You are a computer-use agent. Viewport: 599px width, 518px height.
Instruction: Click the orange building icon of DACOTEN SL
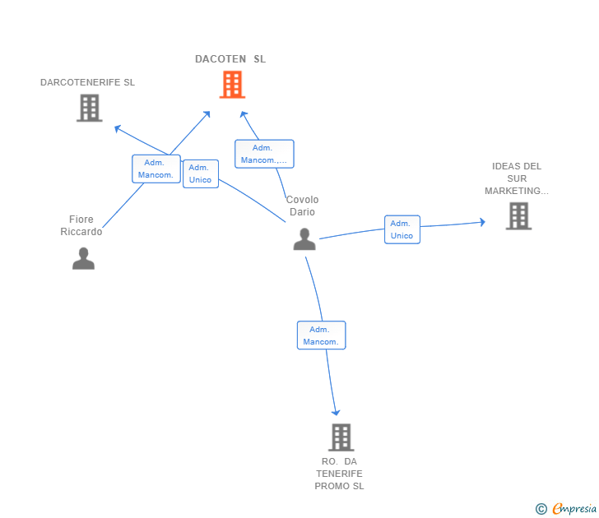[x=232, y=84]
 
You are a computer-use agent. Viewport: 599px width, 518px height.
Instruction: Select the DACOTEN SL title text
[x=230, y=59]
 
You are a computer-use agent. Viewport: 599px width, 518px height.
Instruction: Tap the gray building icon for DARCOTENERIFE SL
[x=89, y=108]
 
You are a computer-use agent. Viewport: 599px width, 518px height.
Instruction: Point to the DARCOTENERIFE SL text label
[x=87, y=82]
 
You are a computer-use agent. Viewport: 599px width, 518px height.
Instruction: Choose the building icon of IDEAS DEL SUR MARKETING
[x=518, y=215]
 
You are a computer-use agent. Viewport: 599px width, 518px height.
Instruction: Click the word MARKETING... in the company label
[x=516, y=191]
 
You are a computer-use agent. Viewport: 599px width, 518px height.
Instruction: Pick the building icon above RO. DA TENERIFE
[x=341, y=437]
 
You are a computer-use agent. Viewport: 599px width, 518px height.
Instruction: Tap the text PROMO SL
[x=339, y=486]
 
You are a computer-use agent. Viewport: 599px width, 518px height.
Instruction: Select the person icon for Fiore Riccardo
[x=83, y=258]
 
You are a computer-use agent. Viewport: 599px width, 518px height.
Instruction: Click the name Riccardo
[x=81, y=232]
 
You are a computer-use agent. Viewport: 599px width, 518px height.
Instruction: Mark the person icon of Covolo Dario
[x=304, y=239]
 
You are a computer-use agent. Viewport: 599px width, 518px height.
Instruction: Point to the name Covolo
[x=302, y=200]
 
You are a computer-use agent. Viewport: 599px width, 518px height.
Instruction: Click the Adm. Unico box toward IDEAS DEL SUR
[x=402, y=229]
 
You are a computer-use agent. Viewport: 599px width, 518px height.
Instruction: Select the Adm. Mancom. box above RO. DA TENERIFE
[x=321, y=335]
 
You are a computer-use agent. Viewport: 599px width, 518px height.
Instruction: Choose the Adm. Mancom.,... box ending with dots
[x=263, y=154]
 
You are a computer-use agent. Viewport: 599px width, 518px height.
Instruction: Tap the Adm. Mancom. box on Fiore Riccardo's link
[x=156, y=169]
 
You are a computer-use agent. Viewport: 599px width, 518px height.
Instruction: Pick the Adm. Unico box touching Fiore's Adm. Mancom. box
[x=200, y=173]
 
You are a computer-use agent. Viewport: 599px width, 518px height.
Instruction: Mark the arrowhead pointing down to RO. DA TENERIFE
[x=335, y=412]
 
